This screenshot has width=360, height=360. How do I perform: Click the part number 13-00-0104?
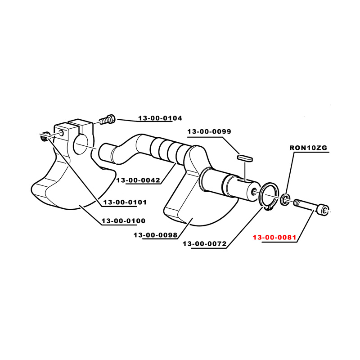coord(160,118)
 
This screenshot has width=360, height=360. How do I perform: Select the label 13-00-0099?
coord(209,131)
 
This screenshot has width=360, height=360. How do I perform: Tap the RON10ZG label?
coord(308,148)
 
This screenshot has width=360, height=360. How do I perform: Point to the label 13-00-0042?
coord(138,180)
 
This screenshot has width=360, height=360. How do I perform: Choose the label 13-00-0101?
coord(125,202)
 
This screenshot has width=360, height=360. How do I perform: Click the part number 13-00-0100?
coord(123,221)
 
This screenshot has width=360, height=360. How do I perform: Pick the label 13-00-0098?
coord(155,235)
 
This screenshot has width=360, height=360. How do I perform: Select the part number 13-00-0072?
coord(205,243)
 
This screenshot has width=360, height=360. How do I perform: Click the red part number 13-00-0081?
coord(274,237)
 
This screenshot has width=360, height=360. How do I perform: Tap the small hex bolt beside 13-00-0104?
coord(107,119)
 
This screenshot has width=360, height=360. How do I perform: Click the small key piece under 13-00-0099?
coord(245,158)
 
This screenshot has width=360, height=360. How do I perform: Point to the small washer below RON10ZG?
coord(285,199)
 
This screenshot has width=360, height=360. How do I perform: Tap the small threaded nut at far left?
coord(45,137)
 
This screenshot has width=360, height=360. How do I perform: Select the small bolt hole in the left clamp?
coord(62,132)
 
